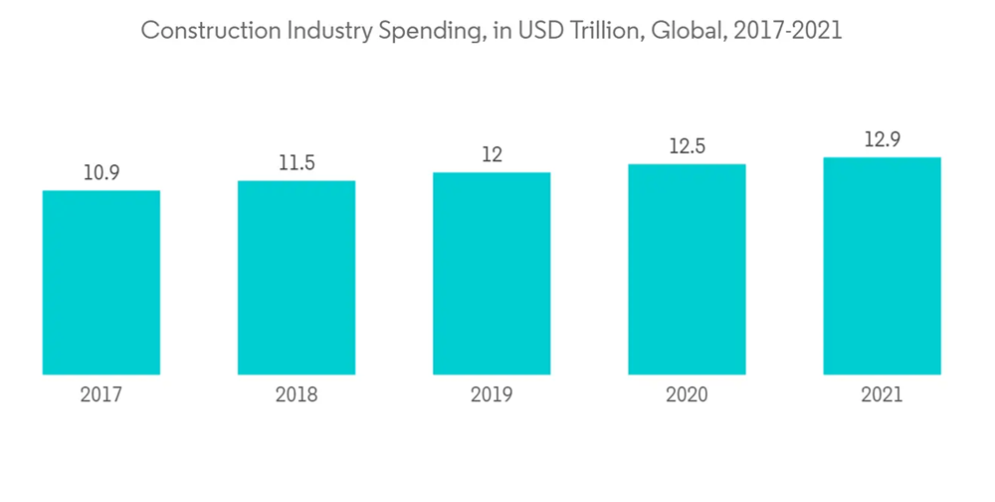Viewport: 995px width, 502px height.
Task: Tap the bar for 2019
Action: [492, 273]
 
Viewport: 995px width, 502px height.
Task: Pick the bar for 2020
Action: [687, 269]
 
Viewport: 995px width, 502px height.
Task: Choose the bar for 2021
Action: [883, 265]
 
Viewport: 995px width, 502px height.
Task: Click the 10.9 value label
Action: [101, 172]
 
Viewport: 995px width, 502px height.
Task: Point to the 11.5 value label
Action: [297, 163]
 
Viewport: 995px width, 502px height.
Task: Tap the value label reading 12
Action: [492, 155]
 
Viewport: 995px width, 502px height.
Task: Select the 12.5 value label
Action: [687, 147]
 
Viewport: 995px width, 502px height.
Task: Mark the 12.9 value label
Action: [883, 140]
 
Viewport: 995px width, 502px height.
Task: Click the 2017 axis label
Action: [101, 395]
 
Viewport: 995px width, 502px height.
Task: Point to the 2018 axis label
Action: [297, 395]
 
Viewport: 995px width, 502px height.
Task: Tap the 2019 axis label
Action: [492, 395]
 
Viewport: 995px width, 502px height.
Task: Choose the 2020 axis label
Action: [687, 395]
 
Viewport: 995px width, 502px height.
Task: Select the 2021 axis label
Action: [883, 395]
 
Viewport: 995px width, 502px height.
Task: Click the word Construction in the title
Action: [210, 31]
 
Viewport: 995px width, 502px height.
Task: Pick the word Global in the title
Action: [688, 31]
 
